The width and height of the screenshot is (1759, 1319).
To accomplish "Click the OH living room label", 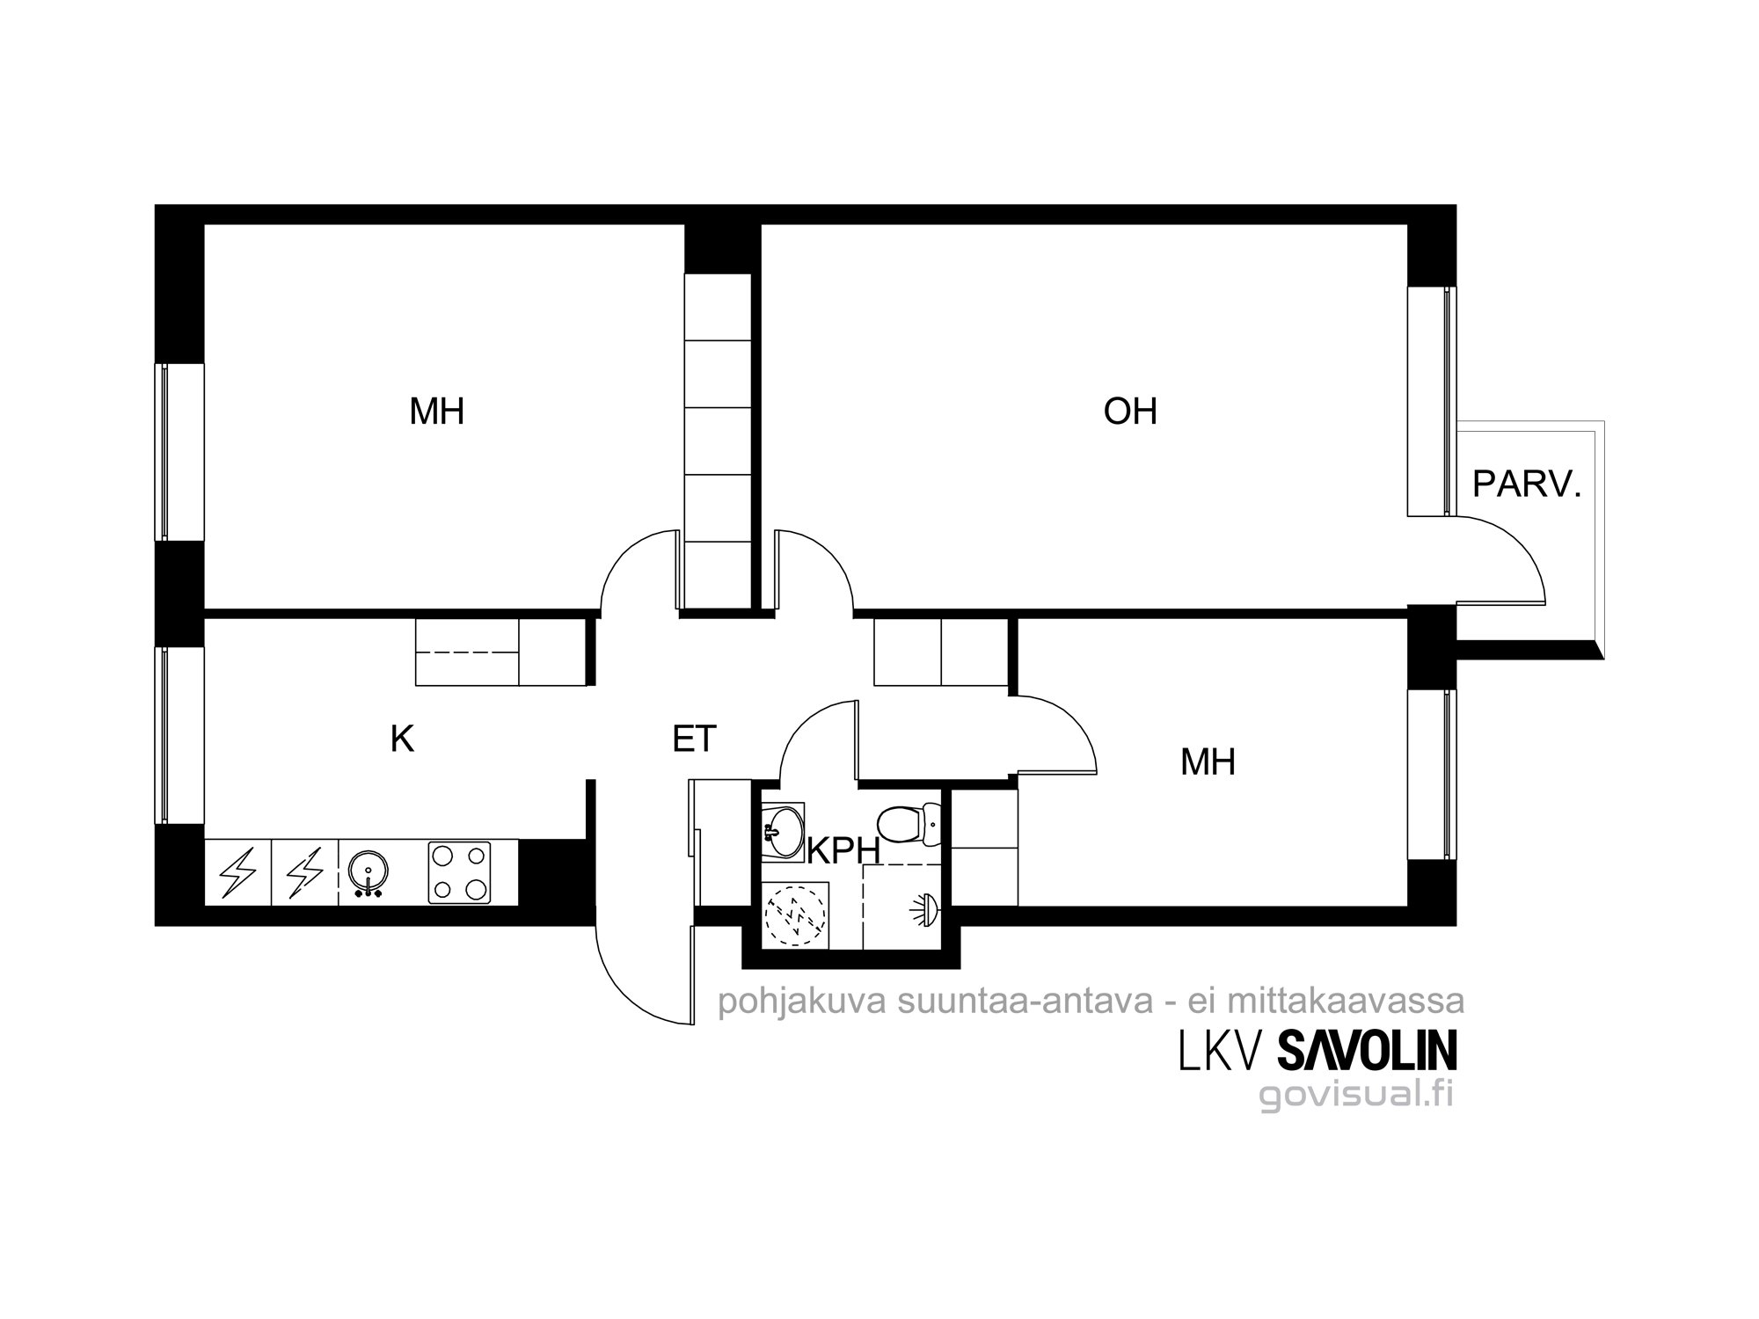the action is click(1130, 412).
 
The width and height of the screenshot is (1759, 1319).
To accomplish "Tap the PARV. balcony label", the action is click(1527, 485).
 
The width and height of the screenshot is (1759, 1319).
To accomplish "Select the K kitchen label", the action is click(402, 740).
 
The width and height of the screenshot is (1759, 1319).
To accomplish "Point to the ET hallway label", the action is click(694, 740).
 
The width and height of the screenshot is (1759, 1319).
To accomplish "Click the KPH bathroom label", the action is click(843, 851).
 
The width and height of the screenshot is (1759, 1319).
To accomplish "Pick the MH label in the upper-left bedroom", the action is click(436, 412).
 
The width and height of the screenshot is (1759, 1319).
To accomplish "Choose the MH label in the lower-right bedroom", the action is click(1208, 762).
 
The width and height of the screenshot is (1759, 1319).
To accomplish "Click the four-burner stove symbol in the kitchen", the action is click(459, 872).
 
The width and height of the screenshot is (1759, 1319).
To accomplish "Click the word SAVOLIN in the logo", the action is click(1366, 1051).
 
